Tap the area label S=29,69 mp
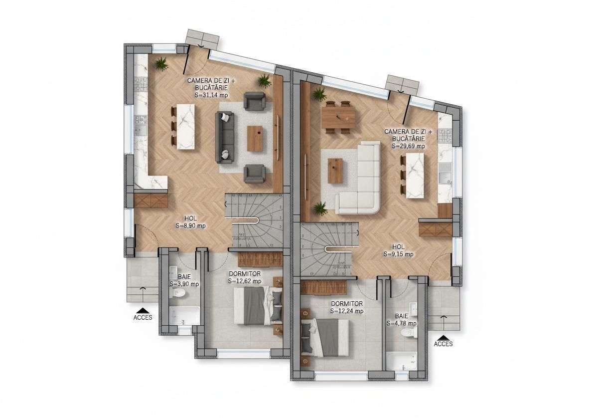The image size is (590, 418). pyautogui.click(x=408, y=146)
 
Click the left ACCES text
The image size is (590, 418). pyautogui.click(x=143, y=317)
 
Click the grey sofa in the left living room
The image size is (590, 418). pyautogui.click(x=224, y=137)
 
